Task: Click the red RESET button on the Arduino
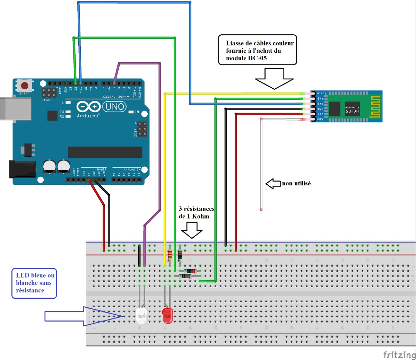tap(25, 85)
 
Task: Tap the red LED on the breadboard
tap(167, 314)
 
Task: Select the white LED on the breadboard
tap(141, 315)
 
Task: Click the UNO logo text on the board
tap(115, 107)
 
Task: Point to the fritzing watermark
tap(399, 354)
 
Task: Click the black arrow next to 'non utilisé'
tap(273, 184)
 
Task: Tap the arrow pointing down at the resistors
tap(192, 230)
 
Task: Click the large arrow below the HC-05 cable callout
tap(274, 79)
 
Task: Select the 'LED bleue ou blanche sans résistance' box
tap(34, 283)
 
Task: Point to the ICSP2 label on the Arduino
tap(47, 100)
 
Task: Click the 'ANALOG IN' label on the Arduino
tap(132, 170)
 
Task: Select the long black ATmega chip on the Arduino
tap(105, 152)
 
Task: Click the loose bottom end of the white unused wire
tap(261, 209)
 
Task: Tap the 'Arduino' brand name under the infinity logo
tap(88, 116)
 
